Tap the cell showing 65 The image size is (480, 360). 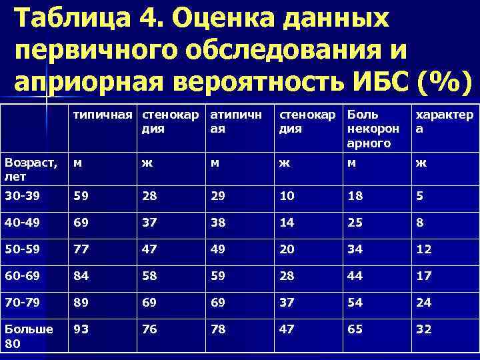[x=356, y=329]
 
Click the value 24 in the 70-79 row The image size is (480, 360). [x=423, y=302]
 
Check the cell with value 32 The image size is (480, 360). [x=423, y=329]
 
